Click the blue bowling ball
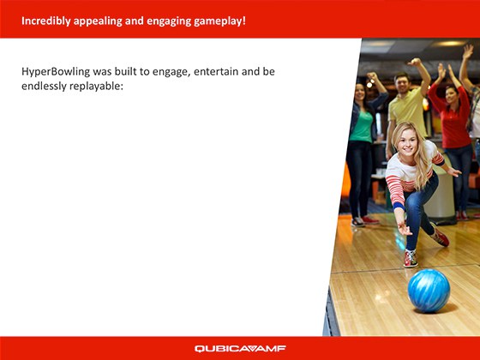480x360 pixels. coord(429,290)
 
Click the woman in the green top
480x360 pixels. coord(362,129)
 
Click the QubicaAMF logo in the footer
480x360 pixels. coord(240,349)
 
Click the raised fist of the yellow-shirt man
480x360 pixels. coord(416,63)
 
